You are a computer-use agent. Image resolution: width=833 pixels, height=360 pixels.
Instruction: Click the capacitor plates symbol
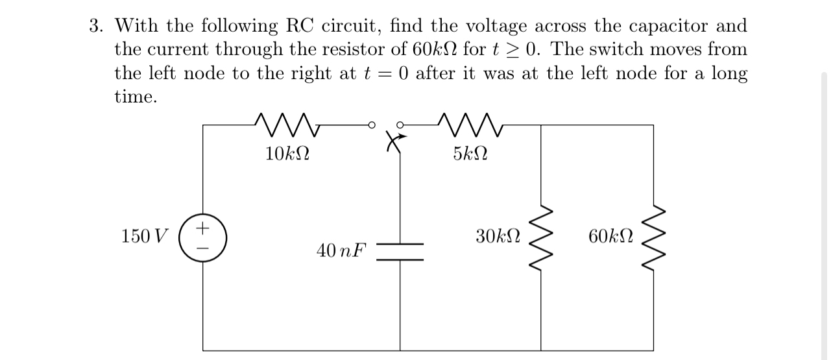400,252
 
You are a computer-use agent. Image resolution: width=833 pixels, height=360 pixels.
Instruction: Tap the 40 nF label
341,250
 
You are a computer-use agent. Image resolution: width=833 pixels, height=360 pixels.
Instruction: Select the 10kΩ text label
287,154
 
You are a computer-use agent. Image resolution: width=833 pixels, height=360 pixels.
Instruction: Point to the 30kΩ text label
498,235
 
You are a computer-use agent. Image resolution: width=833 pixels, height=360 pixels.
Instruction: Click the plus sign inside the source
203,228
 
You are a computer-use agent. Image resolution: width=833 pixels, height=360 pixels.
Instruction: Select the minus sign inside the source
203,246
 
